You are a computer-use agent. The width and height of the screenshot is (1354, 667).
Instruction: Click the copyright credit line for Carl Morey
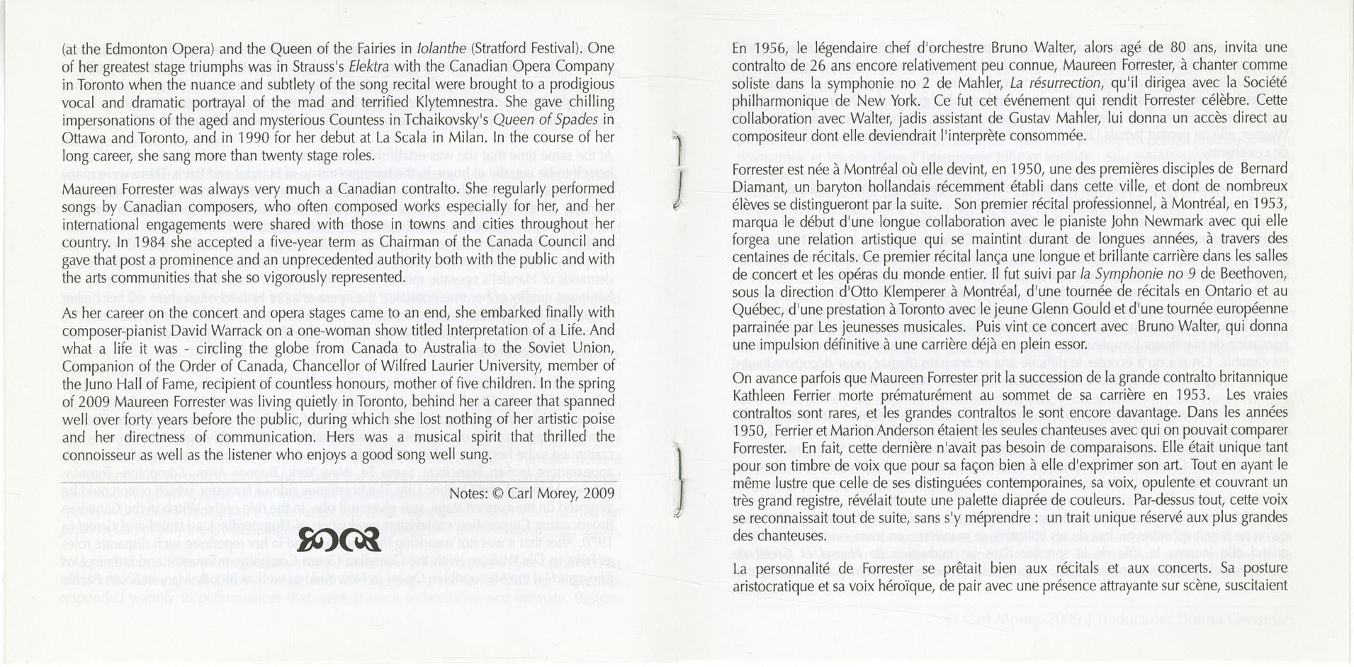(532, 491)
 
